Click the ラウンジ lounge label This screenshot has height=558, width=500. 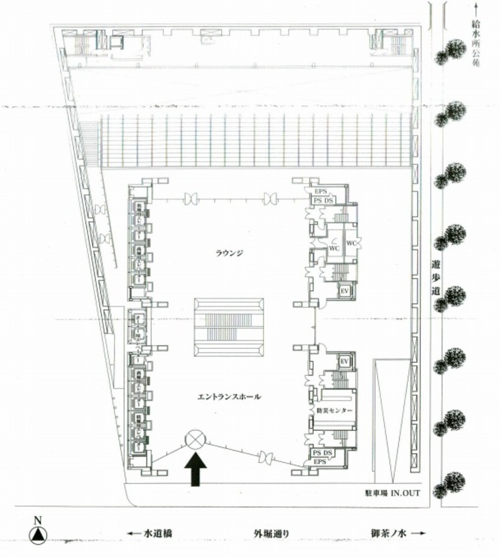pos(229,253)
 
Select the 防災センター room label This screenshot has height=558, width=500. pos(334,411)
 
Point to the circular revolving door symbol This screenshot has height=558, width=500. pos(195,439)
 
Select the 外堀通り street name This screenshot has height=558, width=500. pos(271,533)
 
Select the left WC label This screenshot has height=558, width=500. pos(334,248)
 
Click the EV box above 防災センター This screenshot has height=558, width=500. pos(344,362)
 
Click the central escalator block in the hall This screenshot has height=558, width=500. pos(229,327)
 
